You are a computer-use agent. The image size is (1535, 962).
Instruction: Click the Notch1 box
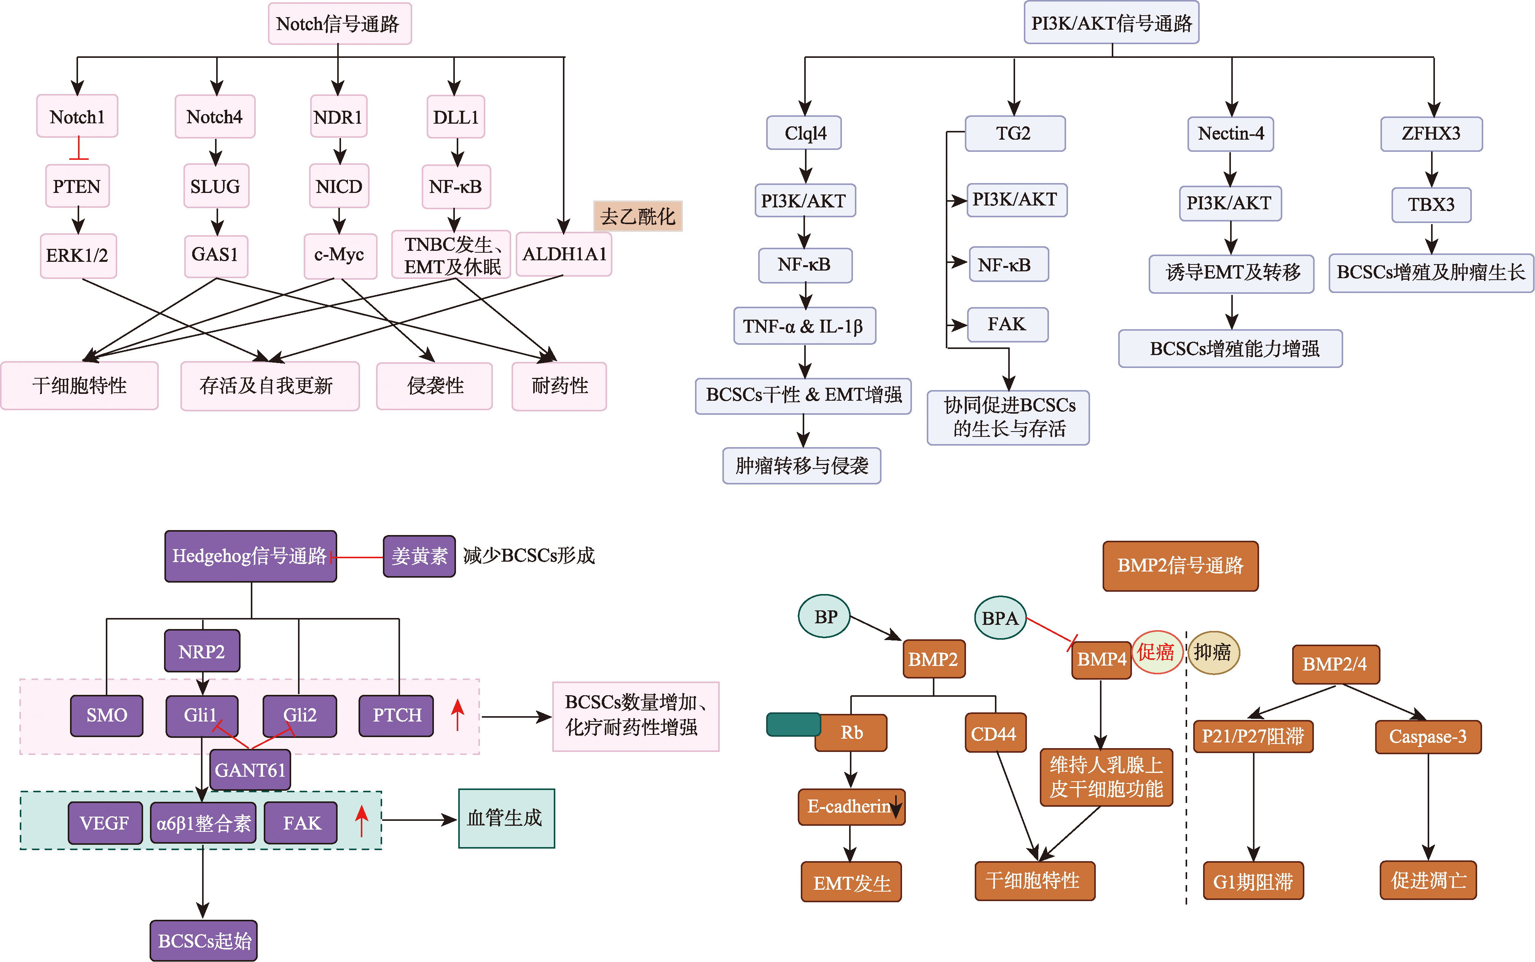click(77, 116)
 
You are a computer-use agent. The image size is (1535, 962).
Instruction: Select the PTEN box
click(77, 186)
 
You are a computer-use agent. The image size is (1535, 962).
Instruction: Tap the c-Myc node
click(339, 255)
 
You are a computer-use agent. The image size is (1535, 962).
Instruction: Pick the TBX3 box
click(1431, 204)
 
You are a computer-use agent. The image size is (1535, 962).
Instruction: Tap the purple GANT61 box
click(250, 770)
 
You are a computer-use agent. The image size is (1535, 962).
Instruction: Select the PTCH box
click(397, 715)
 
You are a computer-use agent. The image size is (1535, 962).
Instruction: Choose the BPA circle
click(1000, 618)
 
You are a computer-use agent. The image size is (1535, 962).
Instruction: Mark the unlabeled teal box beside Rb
click(793, 724)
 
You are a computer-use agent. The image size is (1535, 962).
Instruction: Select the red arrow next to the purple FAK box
click(362, 821)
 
